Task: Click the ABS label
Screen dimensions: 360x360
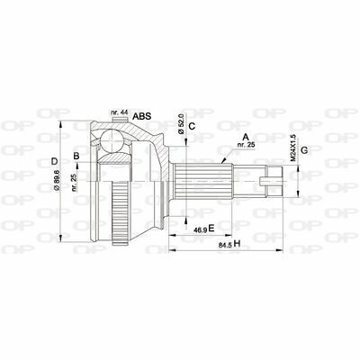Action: [142, 117]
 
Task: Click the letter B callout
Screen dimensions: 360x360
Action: [77, 157]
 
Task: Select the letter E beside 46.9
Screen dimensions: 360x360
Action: [211, 229]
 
